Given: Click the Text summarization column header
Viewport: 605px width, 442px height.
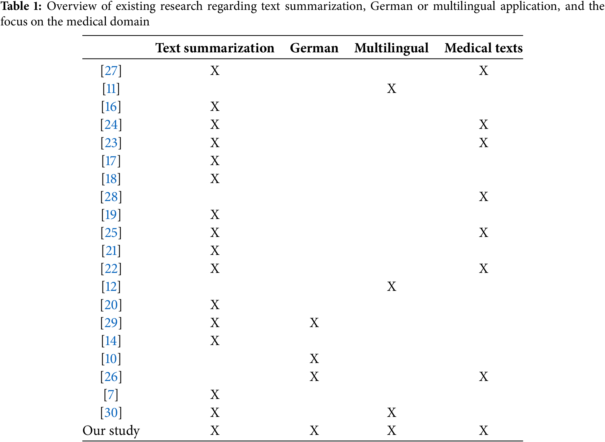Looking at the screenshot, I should click(x=215, y=48).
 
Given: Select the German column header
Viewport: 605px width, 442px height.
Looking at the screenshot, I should click(x=314, y=48).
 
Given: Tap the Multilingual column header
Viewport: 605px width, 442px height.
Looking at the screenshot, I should click(x=391, y=48).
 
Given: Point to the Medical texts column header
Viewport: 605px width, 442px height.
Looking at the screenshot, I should click(x=483, y=48).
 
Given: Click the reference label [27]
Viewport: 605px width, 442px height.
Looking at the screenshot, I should click(x=111, y=71).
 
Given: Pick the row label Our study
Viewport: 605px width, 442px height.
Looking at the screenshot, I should click(x=111, y=431).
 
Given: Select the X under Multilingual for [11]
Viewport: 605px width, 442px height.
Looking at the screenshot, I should click(x=391, y=89).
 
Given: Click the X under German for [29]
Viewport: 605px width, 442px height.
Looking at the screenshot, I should click(x=314, y=323).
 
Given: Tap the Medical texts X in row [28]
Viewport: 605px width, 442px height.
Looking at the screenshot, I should click(x=483, y=197).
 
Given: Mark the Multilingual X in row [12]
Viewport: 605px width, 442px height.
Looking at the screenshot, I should click(x=391, y=287).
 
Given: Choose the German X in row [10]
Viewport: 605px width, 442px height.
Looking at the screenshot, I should click(x=314, y=359).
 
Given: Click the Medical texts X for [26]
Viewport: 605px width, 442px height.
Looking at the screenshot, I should click(x=483, y=377).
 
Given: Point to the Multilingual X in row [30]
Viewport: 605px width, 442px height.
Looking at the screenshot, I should click(x=391, y=413).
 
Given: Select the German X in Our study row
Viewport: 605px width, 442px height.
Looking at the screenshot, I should click(x=314, y=431).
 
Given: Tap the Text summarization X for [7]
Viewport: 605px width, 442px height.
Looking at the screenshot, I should click(x=215, y=395).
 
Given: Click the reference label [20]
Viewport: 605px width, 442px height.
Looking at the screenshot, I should click(x=111, y=305).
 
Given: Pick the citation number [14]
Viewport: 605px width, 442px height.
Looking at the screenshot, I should click(x=111, y=341).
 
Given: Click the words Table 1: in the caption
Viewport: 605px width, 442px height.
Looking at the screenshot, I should click(x=21, y=6).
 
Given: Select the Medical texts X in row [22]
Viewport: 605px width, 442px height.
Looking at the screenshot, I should click(x=483, y=269).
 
